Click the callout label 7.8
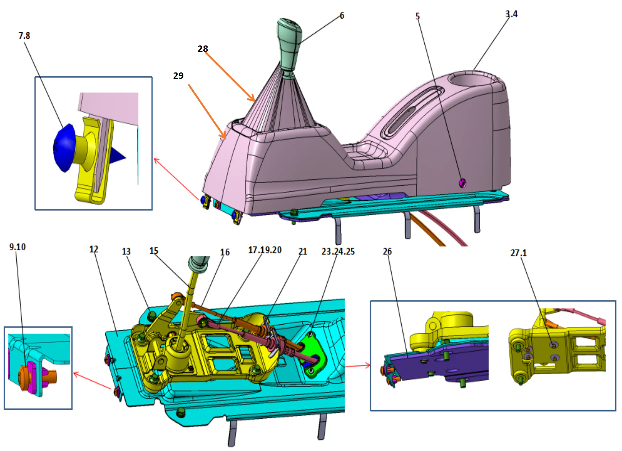(24, 36)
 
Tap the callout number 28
(203, 49)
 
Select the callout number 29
(178, 76)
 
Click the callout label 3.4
(511, 14)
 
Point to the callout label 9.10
(17, 247)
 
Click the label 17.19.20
(264, 250)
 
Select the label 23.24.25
(338, 251)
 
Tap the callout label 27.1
(518, 253)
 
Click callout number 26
(387, 251)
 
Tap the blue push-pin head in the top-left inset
(64, 147)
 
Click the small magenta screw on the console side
(462, 183)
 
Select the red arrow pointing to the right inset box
(357, 365)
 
